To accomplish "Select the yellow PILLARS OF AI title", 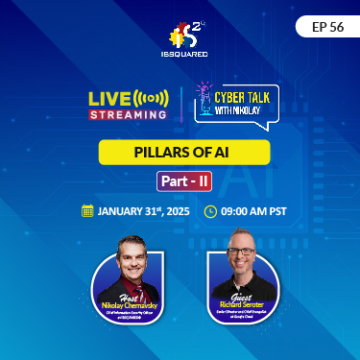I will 180,153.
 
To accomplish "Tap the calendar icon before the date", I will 87,210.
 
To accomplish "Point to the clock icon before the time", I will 211,210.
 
